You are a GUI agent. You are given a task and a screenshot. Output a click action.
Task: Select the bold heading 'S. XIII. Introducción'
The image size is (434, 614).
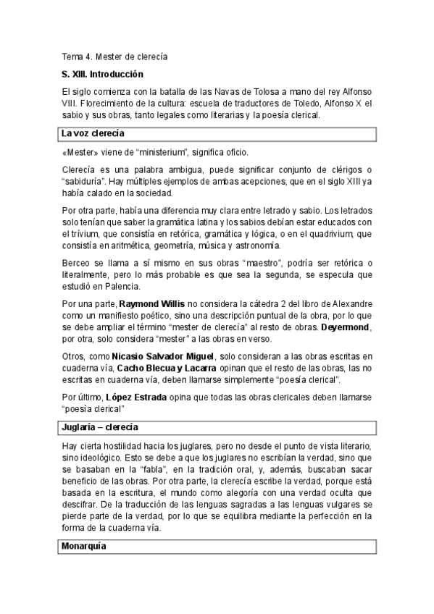pos(102,75)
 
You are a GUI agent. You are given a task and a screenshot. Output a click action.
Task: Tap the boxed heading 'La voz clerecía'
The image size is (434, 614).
pos(93,134)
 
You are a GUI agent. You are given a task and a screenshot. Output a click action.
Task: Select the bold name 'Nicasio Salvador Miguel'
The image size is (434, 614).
pos(163,356)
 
